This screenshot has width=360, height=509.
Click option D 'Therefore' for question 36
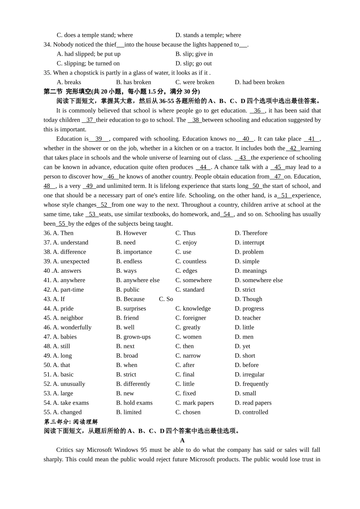[x=251, y=233]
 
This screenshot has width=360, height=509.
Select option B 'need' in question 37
[x=125, y=242]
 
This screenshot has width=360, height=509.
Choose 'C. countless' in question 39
[x=191, y=261]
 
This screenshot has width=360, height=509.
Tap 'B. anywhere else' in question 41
[x=138, y=280]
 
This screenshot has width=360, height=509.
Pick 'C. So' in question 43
[x=166, y=299]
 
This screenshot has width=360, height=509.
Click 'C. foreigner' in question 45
[x=191, y=318]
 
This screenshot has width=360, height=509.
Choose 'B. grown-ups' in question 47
[x=133, y=337]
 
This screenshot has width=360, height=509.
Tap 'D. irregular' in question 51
[x=249, y=375]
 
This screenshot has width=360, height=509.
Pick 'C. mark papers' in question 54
[x=194, y=403]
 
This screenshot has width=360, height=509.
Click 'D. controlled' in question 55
[x=251, y=412]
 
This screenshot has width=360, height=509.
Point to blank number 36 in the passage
[x=257, y=111]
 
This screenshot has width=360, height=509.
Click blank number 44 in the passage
[x=203, y=167]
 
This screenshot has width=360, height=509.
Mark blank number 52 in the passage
[x=104, y=205]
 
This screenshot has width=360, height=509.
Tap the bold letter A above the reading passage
[x=182, y=440]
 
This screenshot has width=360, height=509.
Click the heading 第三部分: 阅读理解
[x=71, y=422]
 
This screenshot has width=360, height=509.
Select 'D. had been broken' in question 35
[x=259, y=82]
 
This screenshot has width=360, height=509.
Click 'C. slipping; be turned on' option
[x=88, y=63]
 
